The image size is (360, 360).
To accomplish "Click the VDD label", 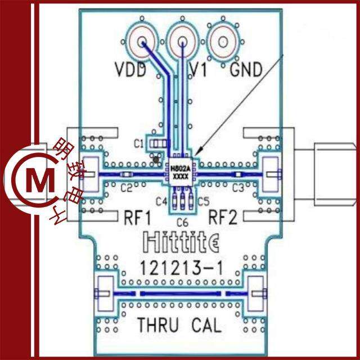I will click(x=130, y=70).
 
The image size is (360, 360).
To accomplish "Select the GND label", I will click(x=246, y=70).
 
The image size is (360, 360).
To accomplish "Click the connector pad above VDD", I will click(x=143, y=42).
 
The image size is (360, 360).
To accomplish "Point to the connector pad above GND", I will click(x=223, y=42).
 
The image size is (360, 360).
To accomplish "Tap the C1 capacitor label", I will click(x=138, y=144).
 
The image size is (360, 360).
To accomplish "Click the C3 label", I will click(x=238, y=187).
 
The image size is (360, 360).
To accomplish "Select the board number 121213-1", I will click(x=182, y=268).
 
